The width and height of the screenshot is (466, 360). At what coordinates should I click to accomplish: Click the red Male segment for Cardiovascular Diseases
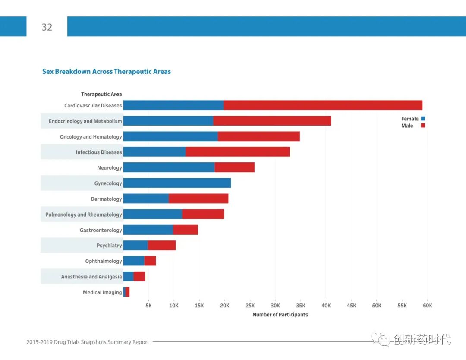[x=323, y=105]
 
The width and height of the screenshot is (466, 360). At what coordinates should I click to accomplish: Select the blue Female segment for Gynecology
[x=177, y=183]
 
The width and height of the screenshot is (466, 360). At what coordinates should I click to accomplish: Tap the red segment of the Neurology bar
[x=234, y=167]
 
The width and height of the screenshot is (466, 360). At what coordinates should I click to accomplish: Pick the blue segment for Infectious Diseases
[x=154, y=152]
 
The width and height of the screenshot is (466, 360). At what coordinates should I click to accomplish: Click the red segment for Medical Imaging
[x=128, y=292]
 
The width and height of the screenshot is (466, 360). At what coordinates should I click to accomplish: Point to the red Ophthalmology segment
[x=150, y=261]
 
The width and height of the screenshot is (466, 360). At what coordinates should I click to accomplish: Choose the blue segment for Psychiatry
[x=135, y=245]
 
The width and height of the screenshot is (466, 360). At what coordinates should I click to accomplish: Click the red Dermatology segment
[x=198, y=199]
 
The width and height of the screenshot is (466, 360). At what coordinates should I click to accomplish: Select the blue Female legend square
[x=423, y=118]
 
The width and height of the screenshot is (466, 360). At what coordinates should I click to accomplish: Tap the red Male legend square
[x=423, y=125]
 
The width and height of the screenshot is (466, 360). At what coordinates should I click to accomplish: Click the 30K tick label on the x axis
[x=275, y=306]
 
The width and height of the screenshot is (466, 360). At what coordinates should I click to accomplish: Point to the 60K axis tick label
[x=427, y=306]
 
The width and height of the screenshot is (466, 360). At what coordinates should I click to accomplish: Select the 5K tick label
[x=148, y=306]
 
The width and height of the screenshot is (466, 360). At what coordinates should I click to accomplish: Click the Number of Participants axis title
[x=280, y=315]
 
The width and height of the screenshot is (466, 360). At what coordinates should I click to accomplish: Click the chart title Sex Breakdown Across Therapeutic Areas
[x=107, y=72]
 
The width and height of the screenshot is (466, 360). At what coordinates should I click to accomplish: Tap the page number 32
[x=47, y=27]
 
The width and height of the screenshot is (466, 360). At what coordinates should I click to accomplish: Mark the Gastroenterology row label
[x=101, y=230]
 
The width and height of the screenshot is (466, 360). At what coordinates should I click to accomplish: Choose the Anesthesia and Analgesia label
[x=91, y=277]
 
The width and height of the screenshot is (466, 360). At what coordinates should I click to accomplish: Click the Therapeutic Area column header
[x=101, y=94]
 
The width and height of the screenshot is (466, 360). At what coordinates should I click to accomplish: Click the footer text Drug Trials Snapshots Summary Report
[x=88, y=342]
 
